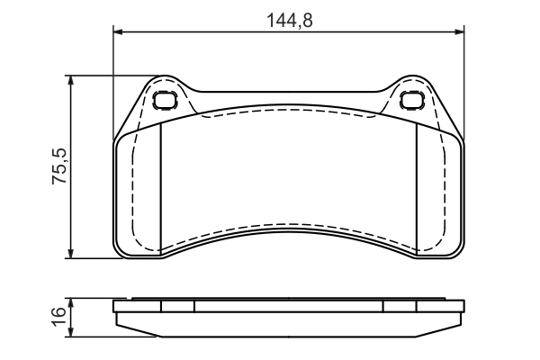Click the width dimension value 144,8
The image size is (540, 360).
290,19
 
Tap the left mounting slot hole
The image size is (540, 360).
165,100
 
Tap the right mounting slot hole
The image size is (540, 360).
412,100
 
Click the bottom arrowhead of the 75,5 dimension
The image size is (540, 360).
72,254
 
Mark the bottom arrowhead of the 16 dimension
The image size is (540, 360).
72,328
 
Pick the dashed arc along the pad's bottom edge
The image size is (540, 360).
288,232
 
